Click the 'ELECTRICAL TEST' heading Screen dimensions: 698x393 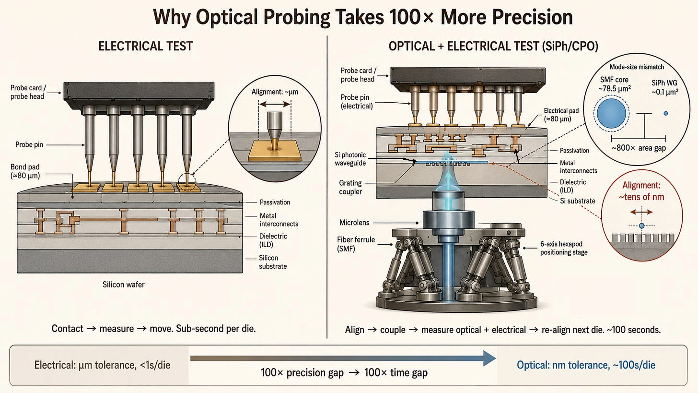pyautogui.click(x=145, y=46)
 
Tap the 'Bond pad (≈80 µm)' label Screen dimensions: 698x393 pyautogui.click(x=25, y=171)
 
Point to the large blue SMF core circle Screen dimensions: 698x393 pyautogui.click(x=611, y=113)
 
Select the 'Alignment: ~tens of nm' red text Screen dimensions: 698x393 pyautogui.click(x=641, y=191)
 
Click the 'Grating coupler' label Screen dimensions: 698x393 pyautogui.click(x=350, y=187)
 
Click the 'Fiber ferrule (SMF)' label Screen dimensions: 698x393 pyautogui.click(x=356, y=244)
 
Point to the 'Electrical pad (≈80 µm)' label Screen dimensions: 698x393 pyautogui.click(x=561, y=115)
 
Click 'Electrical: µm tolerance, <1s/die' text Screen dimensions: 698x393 pyautogui.click(x=102, y=365)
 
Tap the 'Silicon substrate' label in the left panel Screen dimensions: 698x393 pyautogui.click(x=273, y=262)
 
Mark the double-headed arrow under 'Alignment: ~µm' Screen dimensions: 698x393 pyautogui.click(x=275, y=104)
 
